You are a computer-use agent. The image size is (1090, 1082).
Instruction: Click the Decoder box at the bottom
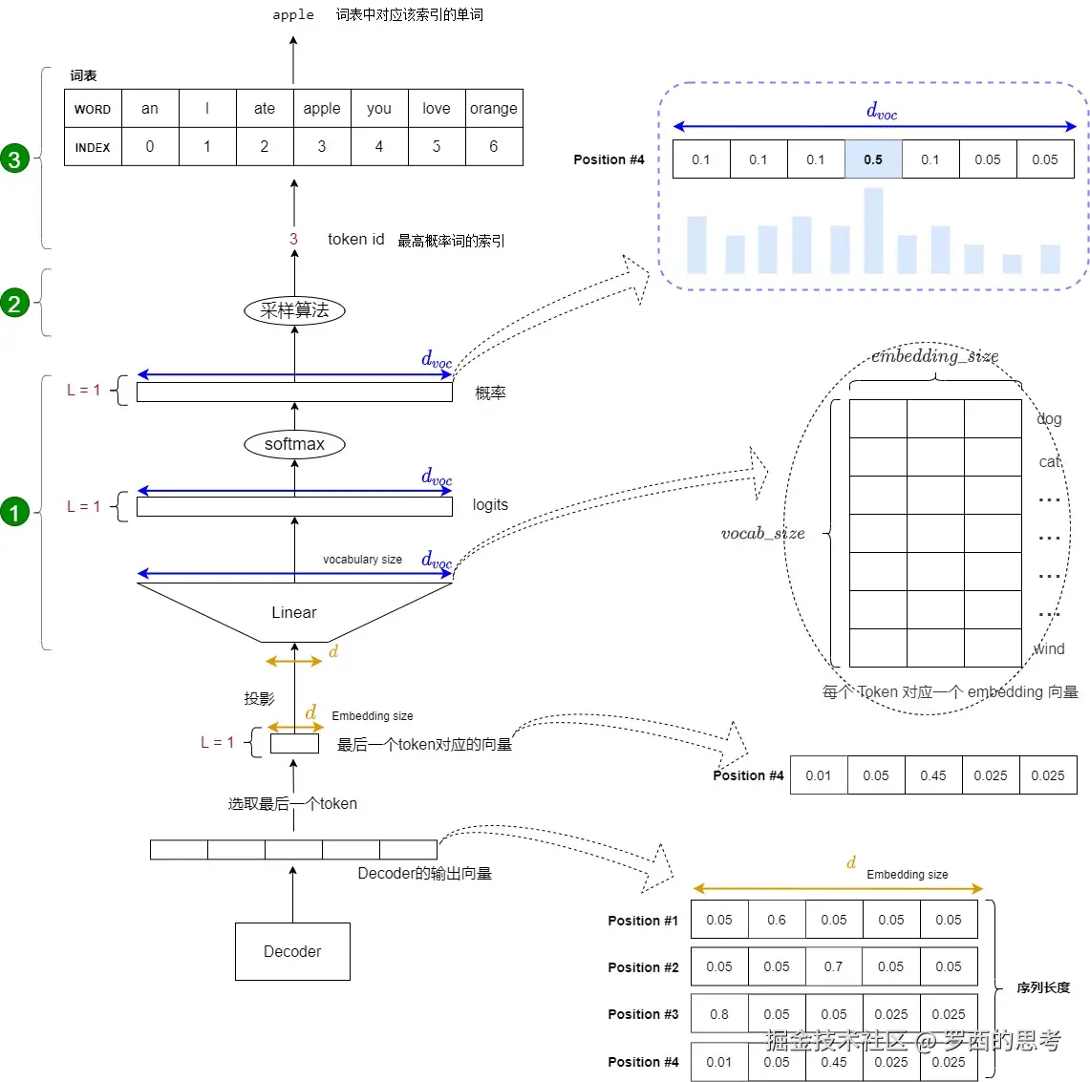click(292, 951)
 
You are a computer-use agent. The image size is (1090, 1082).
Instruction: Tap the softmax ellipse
click(294, 444)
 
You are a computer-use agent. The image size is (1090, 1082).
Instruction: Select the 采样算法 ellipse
click(294, 310)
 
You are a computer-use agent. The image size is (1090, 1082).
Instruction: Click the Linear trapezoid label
click(294, 612)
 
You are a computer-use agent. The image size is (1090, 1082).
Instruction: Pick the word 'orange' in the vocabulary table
click(494, 109)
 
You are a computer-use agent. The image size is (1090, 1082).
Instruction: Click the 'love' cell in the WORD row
click(437, 109)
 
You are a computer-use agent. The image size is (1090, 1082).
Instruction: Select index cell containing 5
click(437, 147)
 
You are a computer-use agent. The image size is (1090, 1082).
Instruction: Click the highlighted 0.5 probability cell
click(873, 159)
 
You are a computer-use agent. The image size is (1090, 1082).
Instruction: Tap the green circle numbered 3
click(14, 159)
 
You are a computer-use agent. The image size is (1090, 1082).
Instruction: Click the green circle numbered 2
click(14, 304)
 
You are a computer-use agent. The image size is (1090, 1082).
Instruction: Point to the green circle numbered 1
click(14, 513)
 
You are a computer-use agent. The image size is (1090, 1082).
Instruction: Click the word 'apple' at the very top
click(293, 14)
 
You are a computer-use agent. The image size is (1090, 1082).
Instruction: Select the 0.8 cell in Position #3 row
click(719, 1014)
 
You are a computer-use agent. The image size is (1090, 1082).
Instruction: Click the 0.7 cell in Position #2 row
click(834, 966)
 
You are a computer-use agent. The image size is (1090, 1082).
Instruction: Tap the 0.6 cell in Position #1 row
click(777, 920)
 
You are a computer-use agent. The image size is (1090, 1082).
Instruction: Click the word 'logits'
click(490, 505)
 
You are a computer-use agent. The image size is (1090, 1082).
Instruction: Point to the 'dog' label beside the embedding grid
click(1049, 419)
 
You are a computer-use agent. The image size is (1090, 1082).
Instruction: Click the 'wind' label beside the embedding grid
click(1049, 649)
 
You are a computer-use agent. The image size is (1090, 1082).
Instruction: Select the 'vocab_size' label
click(763, 534)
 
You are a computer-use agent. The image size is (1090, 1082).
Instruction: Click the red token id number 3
click(293, 240)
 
